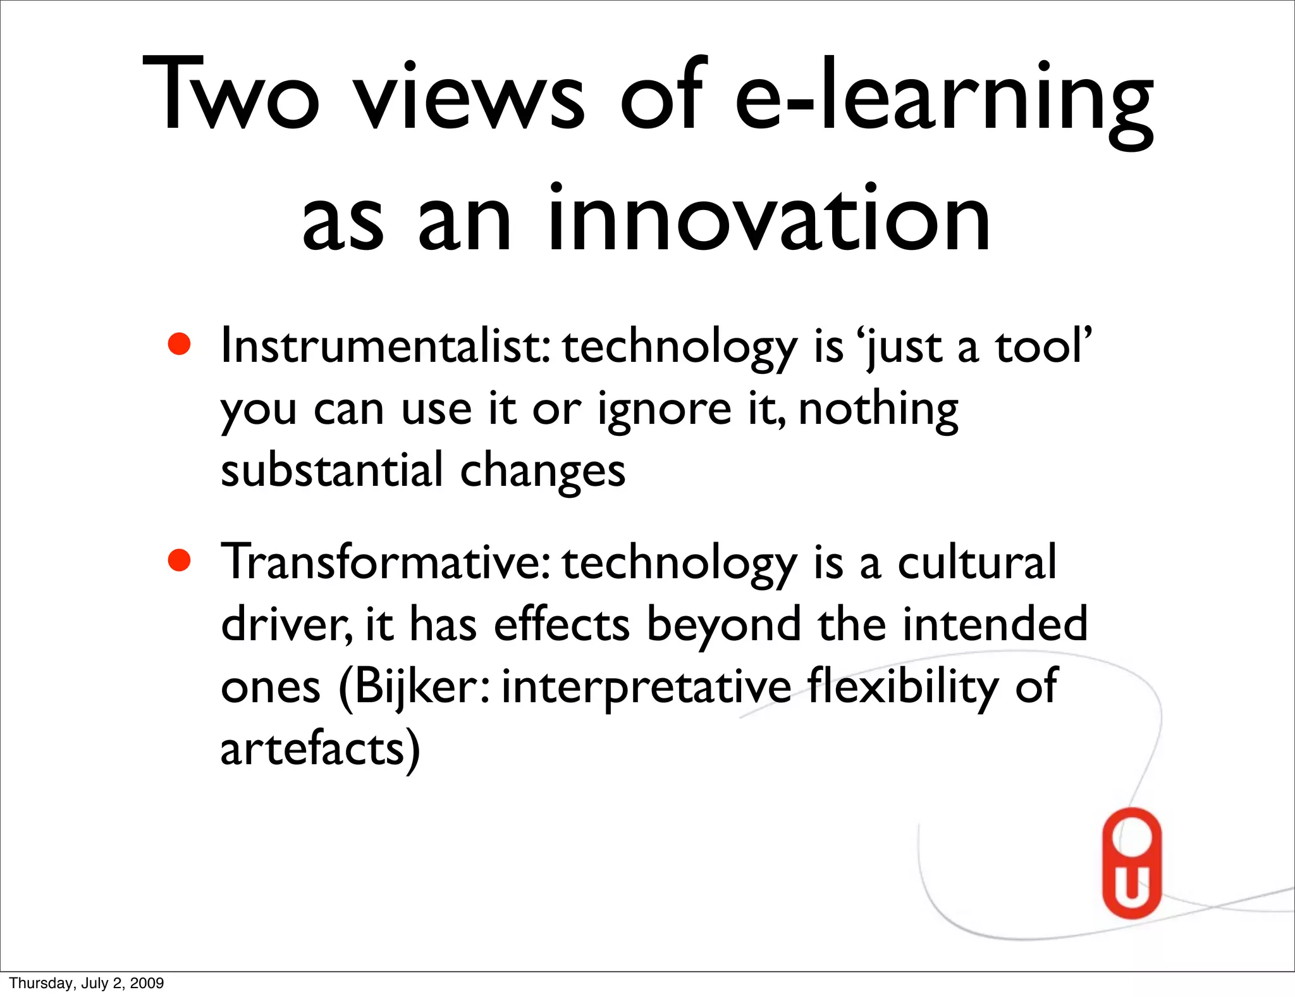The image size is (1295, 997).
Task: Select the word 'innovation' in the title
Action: click(x=768, y=218)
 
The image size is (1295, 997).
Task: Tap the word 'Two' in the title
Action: click(x=231, y=95)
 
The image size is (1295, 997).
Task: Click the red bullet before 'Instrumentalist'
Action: click(x=180, y=345)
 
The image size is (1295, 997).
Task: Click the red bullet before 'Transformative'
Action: click(x=180, y=560)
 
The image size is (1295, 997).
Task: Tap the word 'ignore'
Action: click(x=665, y=410)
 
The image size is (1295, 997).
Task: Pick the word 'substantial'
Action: click(x=332, y=471)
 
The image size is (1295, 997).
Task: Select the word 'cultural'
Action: click(x=977, y=562)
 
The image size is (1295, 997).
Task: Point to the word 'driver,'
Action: click(x=286, y=624)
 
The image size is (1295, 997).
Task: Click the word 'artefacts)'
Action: click(x=320, y=749)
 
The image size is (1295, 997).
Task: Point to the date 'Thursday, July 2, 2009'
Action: click(x=87, y=983)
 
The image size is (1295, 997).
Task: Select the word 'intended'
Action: click(x=995, y=624)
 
